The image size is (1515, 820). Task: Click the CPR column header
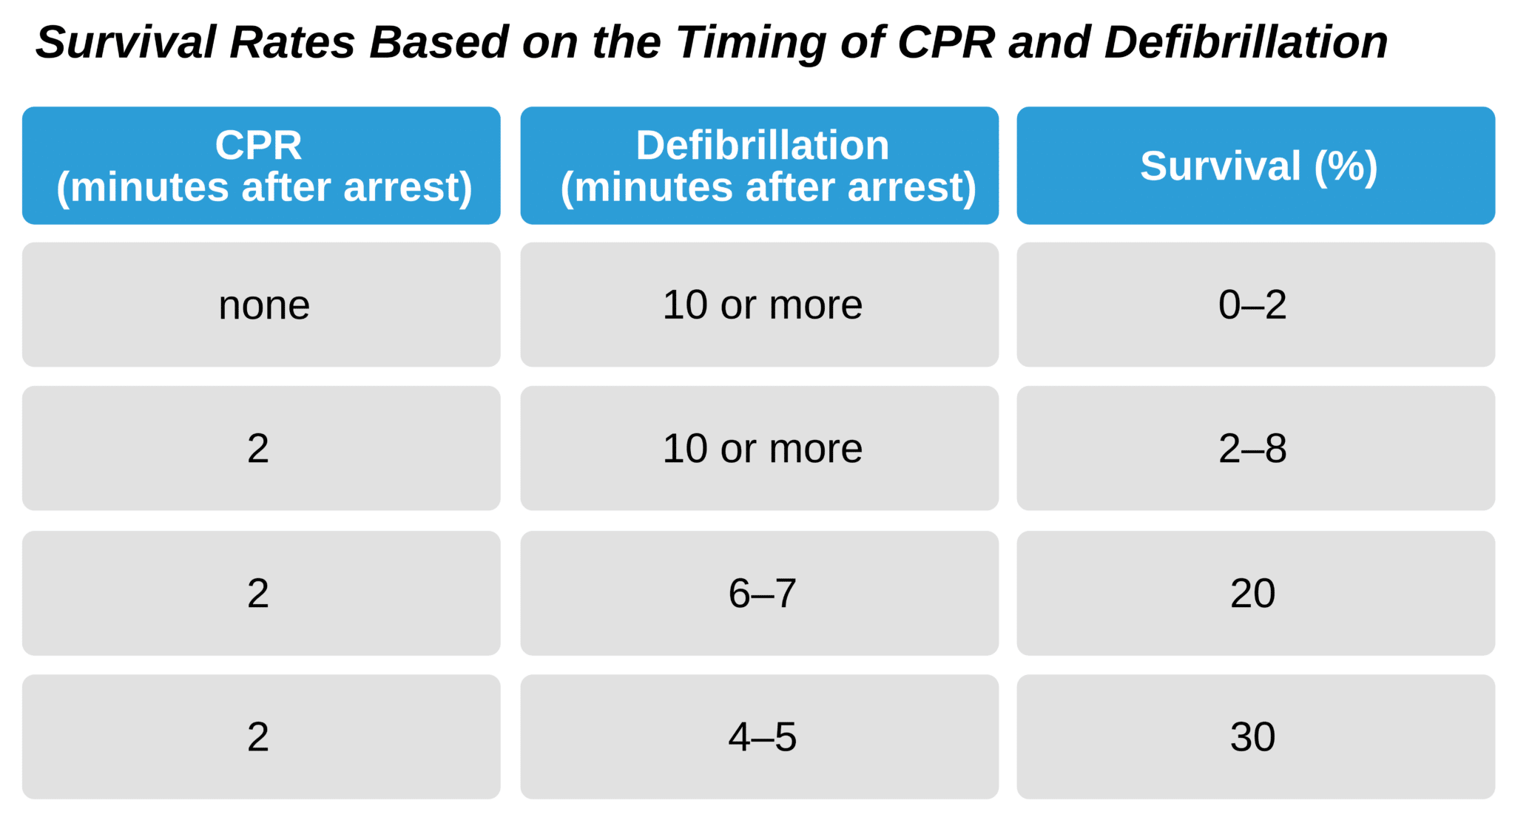tap(261, 166)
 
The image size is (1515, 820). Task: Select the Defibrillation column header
tap(760, 166)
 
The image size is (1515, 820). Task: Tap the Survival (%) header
tap(1256, 166)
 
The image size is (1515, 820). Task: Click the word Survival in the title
tap(126, 42)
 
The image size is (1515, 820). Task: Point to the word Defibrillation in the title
tap(1246, 42)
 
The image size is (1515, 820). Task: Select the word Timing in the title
tap(751, 42)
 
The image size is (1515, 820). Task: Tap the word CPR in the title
tap(946, 42)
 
